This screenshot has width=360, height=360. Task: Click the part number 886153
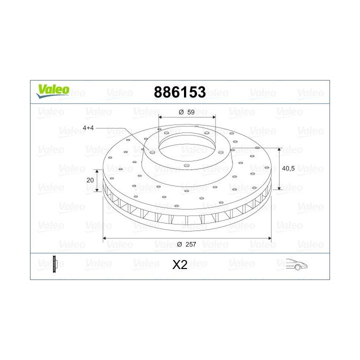(x=180, y=92)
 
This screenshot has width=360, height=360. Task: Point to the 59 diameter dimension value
(x=190, y=112)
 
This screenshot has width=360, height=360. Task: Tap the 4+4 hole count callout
(x=88, y=128)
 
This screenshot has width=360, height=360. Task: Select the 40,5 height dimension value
(x=288, y=168)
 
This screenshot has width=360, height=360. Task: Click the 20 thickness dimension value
(x=90, y=180)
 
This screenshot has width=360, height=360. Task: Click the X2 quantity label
(x=179, y=265)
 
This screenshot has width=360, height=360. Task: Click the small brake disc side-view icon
(x=55, y=263)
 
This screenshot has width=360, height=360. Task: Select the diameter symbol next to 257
(x=178, y=244)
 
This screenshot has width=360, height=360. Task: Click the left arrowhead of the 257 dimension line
(x=105, y=238)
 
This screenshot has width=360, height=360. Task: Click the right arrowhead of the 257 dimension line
(x=270, y=238)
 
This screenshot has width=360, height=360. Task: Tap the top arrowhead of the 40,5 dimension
(x=279, y=149)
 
